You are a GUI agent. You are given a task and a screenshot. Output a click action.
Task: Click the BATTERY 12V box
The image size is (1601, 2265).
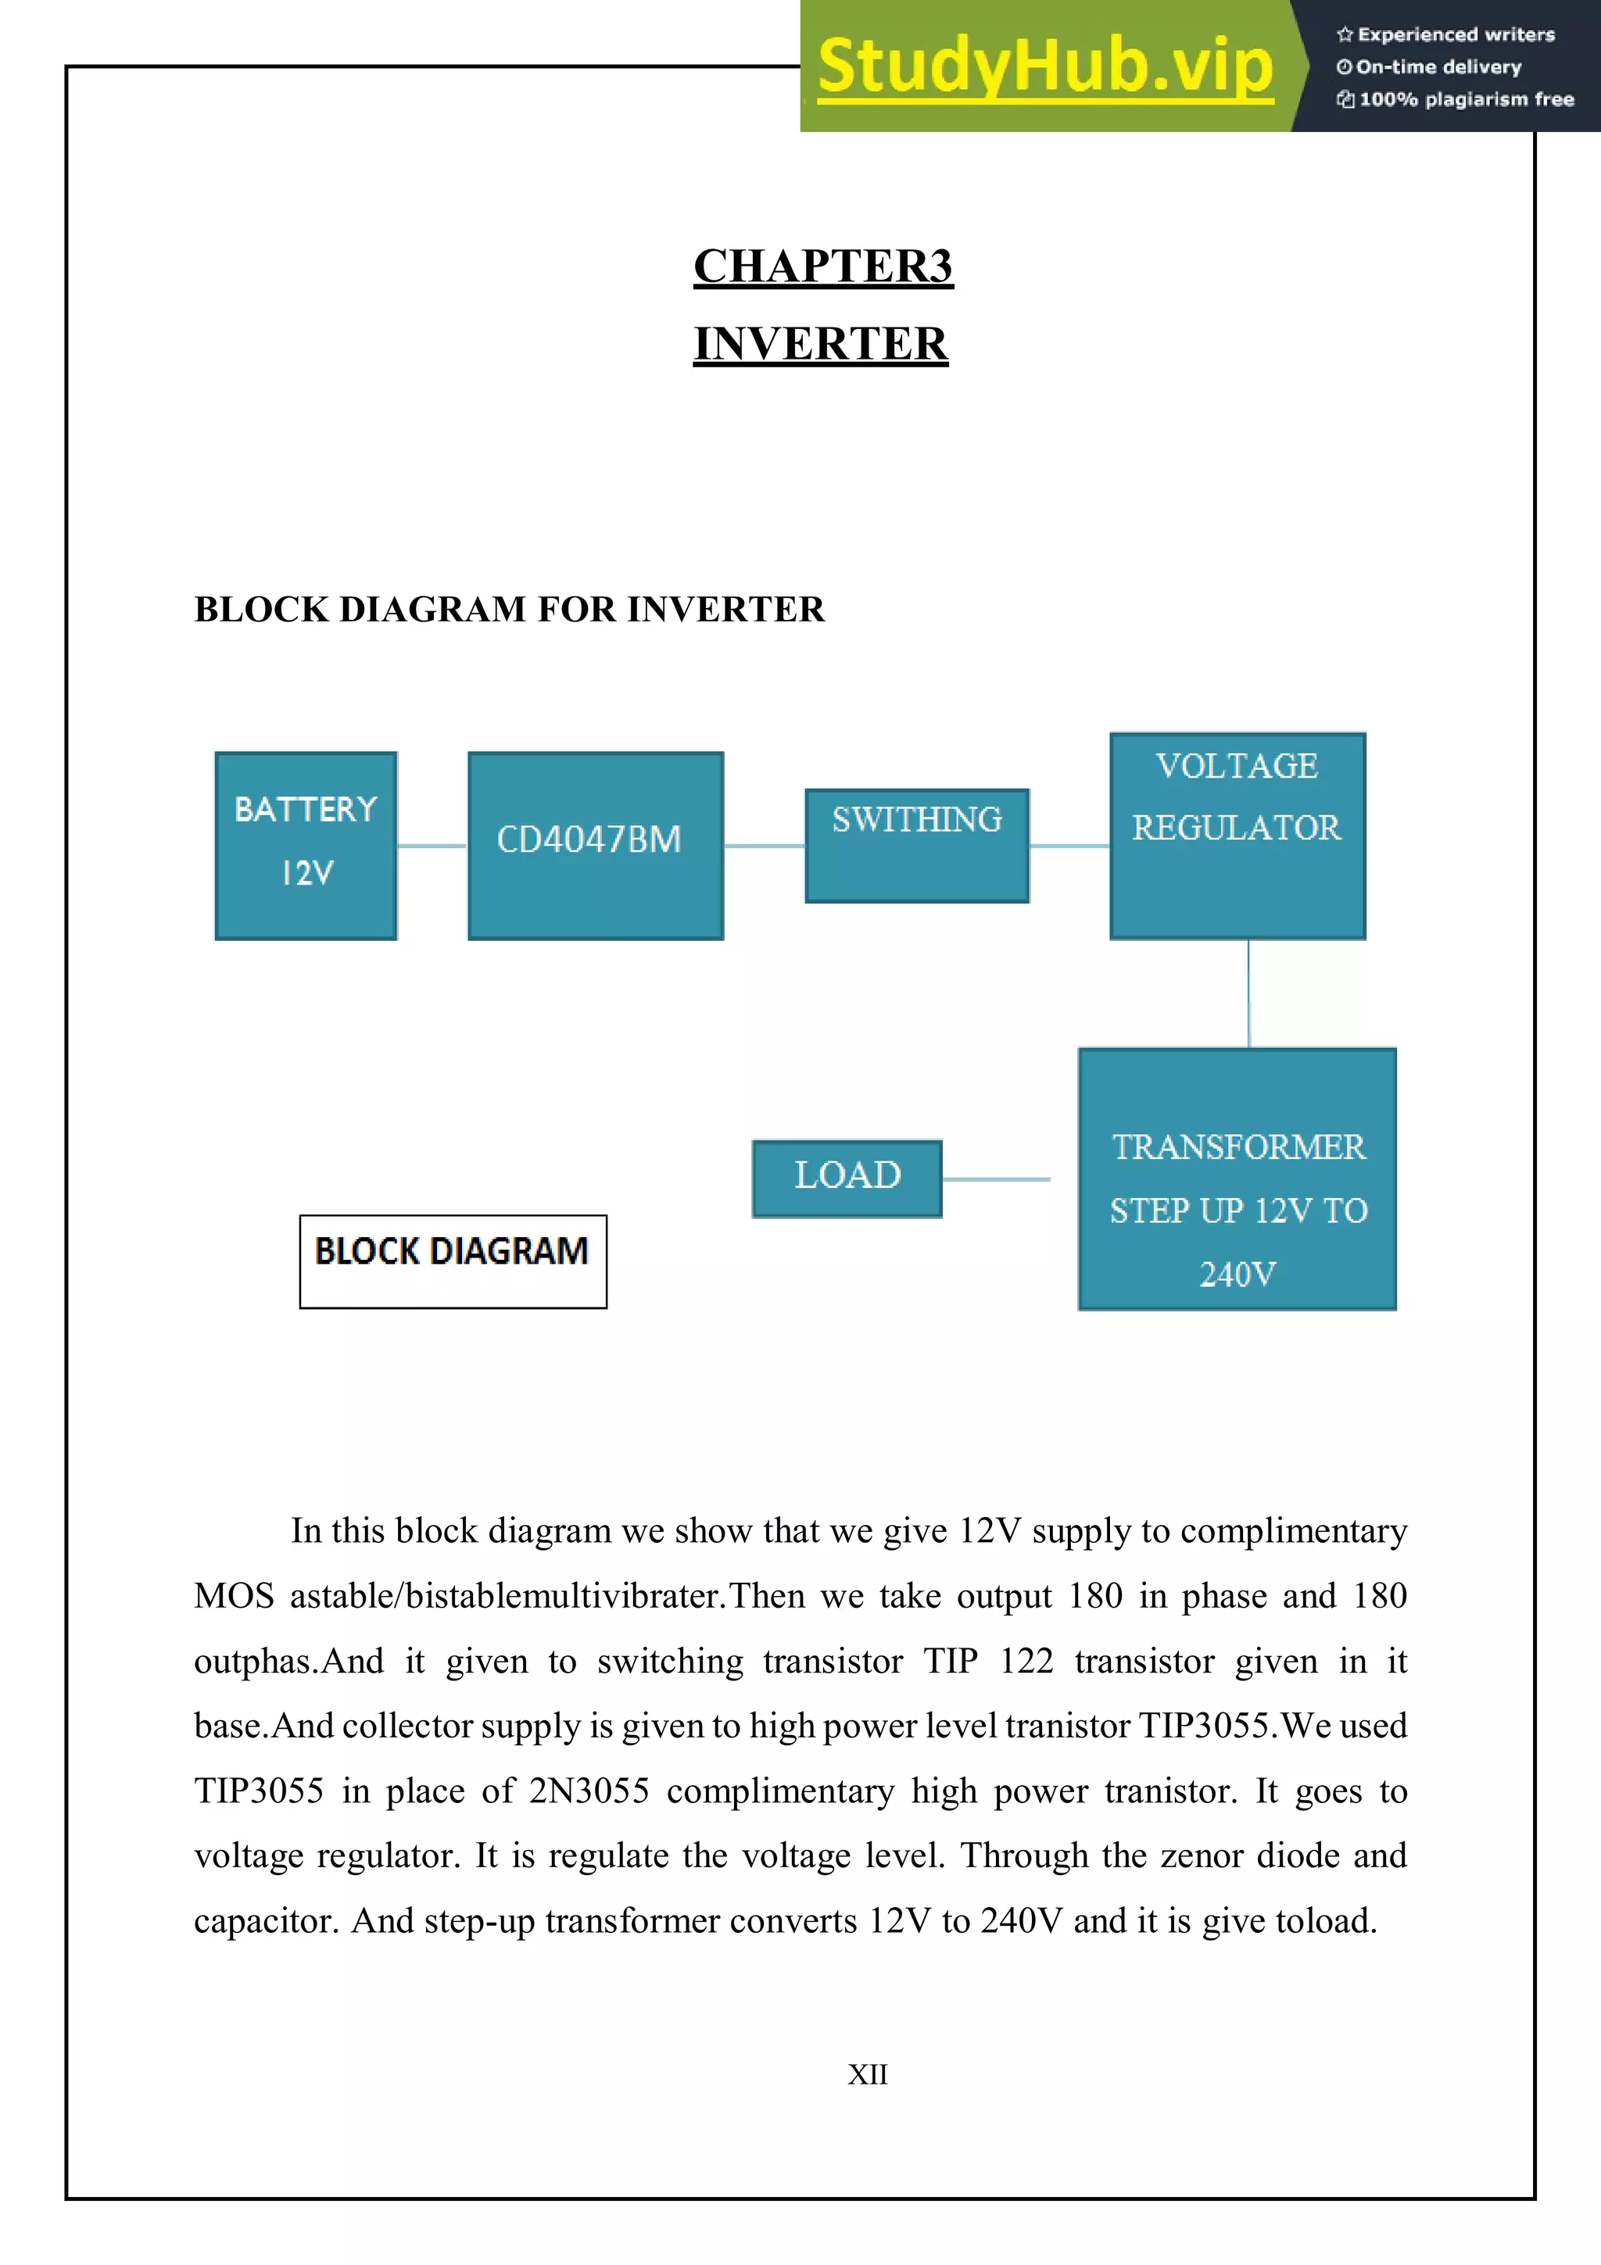pyautogui.click(x=306, y=846)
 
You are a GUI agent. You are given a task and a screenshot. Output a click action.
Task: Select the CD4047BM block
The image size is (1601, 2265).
pyautogui.click(x=595, y=846)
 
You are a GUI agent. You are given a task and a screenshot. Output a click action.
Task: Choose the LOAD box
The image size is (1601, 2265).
pyautogui.click(x=847, y=1178)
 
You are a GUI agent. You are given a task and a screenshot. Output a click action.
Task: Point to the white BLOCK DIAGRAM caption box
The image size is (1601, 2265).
pyautogui.click(x=453, y=1261)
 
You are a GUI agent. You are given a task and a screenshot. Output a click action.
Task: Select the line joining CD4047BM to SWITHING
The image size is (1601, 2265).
pyautogui.click(x=765, y=846)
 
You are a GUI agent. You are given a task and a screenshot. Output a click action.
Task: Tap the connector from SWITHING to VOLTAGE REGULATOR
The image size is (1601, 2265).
pyautogui.click(x=1069, y=846)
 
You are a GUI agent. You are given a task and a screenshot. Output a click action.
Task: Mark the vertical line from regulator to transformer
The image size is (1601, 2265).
pyautogui.click(x=1249, y=993)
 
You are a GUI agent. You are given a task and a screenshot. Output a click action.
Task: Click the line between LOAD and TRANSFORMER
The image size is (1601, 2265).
pyautogui.click(x=996, y=1179)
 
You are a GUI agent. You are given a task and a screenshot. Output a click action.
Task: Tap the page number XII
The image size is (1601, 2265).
pyautogui.click(x=867, y=2074)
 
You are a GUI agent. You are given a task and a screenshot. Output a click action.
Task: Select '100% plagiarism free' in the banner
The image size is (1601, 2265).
pyautogui.click(x=1465, y=98)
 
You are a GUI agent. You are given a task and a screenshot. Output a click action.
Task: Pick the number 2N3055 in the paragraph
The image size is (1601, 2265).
pyautogui.click(x=588, y=1791)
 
